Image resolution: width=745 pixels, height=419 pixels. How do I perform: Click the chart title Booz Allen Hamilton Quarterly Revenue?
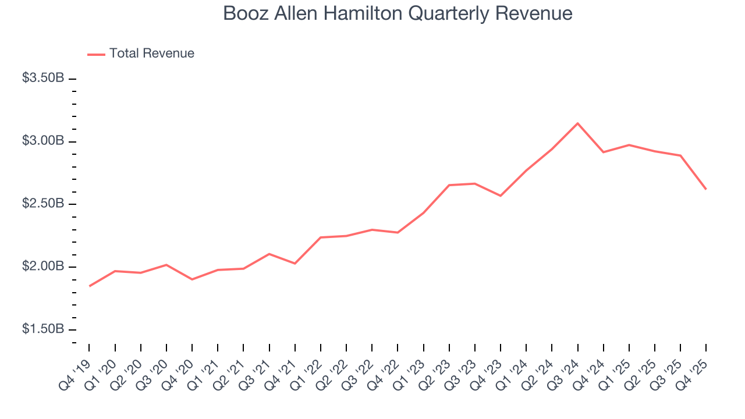click(398, 14)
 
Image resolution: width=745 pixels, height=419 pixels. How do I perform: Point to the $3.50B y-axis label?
click(43, 79)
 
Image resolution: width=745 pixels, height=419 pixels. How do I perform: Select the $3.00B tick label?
click(43, 141)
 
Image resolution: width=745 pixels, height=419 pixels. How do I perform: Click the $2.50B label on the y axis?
click(43, 204)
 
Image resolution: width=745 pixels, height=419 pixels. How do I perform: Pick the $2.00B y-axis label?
click(43, 267)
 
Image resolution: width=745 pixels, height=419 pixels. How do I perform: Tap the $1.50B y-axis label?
click(43, 329)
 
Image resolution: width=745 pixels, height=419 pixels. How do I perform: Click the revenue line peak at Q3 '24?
click(577, 123)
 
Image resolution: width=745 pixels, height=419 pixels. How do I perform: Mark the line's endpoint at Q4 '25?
click(706, 189)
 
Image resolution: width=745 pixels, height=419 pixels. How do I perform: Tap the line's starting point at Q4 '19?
click(89, 286)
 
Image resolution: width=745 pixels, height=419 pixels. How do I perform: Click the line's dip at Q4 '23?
click(501, 196)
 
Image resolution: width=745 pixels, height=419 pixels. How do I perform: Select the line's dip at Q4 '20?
click(192, 279)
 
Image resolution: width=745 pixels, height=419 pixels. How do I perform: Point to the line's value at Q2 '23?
click(449, 185)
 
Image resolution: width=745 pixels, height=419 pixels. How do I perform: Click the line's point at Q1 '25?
click(629, 145)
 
